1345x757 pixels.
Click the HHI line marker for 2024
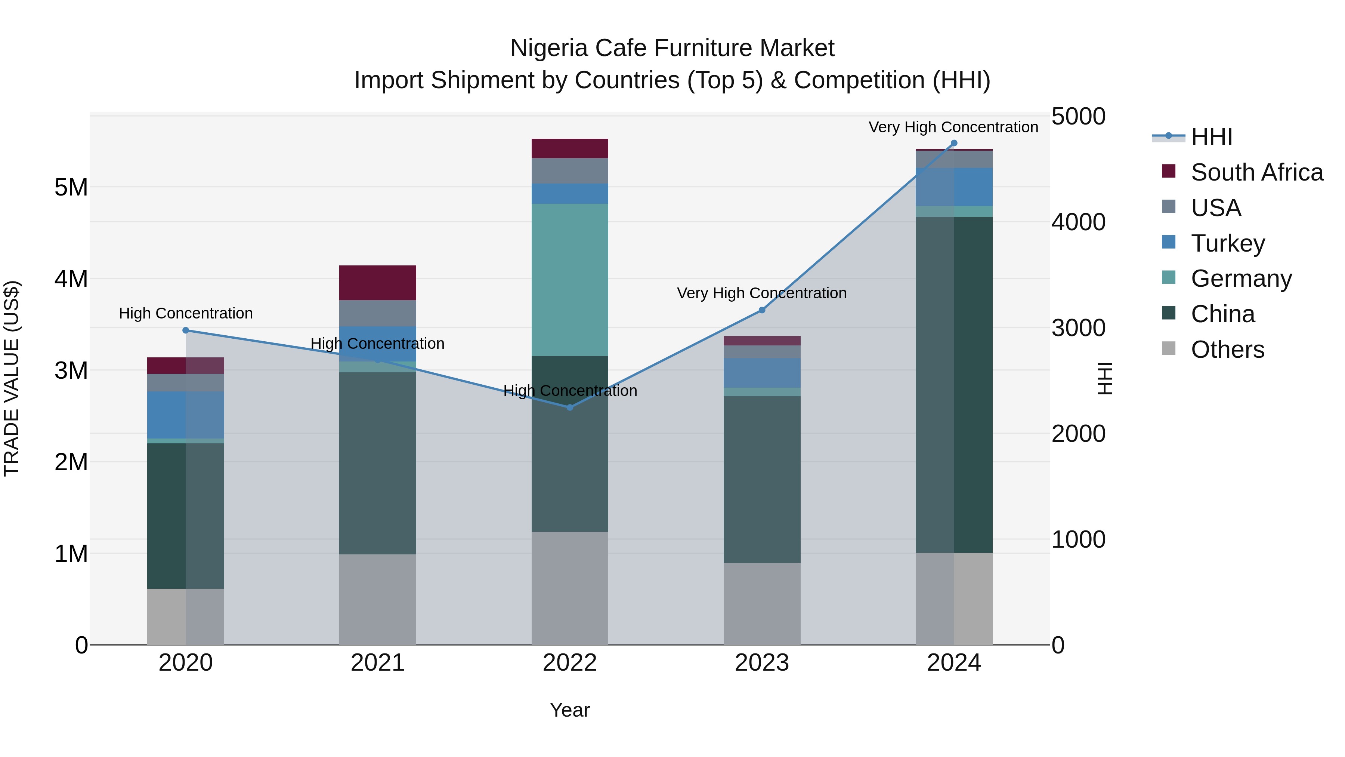pyautogui.click(x=954, y=143)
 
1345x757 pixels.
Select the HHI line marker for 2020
pyautogui.click(x=186, y=330)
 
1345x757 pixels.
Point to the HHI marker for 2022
pyautogui.click(x=570, y=407)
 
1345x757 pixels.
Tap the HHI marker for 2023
pyautogui.click(x=762, y=310)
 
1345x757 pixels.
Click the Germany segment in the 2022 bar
pyautogui.click(x=570, y=280)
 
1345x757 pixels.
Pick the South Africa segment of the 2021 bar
pyautogui.click(x=377, y=283)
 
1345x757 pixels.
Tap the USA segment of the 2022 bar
pyautogui.click(x=570, y=171)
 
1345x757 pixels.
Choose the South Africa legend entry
pyautogui.click(x=1257, y=172)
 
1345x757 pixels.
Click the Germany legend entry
pyautogui.click(x=1241, y=279)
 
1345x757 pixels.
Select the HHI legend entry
pyautogui.click(x=1211, y=137)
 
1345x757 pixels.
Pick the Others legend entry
pyautogui.click(x=1227, y=350)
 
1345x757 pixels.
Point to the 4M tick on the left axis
pyautogui.click(x=71, y=279)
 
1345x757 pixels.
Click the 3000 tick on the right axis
pyautogui.click(x=1078, y=328)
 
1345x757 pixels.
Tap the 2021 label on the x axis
pyautogui.click(x=377, y=663)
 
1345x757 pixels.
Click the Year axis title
pyautogui.click(x=570, y=710)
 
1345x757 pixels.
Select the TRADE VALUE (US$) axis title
pyautogui.click(x=12, y=378)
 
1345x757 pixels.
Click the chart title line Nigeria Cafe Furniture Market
pyautogui.click(x=672, y=48)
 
